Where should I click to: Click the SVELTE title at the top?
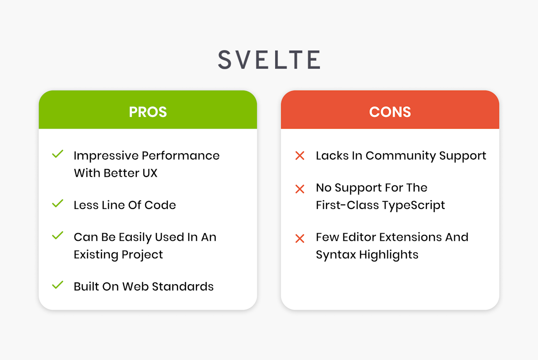pyautogui.click(x=269, y=60)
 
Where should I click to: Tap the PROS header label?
pyautogui.click(x=148, y=112)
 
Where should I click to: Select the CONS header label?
pyautogui.click(x=390, y=112)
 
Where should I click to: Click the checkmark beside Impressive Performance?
pyautogui.click(x=57, y=155)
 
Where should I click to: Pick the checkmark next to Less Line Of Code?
pyautogui.click(x=57, y=204)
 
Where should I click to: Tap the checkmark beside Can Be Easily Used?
pyautogui.click(x=57, y=236)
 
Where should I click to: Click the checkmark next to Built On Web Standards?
pyautogui.click(x=57, y=285)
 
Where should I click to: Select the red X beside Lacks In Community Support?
pyautogui.click(x=299, y=156)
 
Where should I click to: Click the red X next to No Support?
pyautogui.click(x=299, y=189)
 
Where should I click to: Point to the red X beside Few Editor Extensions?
pyautogui.click(x=299, y=239)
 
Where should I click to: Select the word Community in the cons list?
pyautogui.click(x=398, y=156)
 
